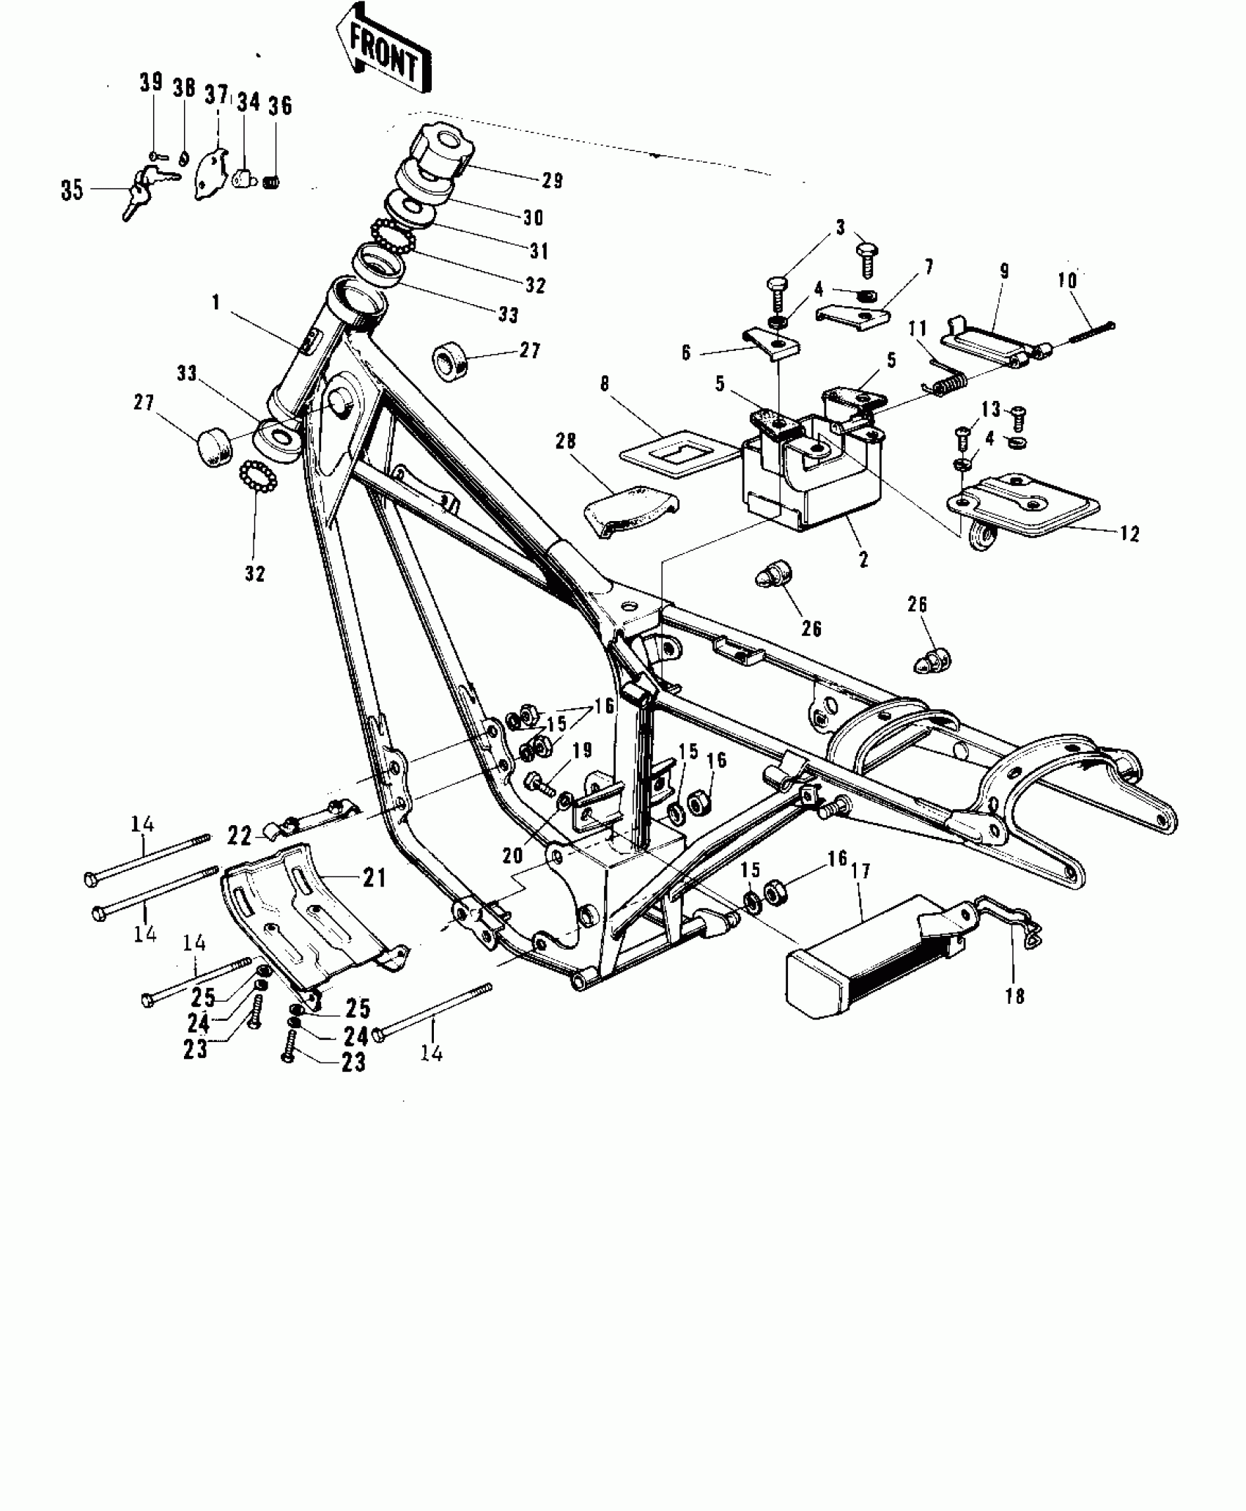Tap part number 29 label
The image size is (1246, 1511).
coord(552,180)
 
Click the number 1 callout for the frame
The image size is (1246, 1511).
coord(216,303)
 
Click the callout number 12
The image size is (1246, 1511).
coord(1129,534)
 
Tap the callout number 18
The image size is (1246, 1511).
coord(1014,997)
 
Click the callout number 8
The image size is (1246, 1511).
coord(605,385)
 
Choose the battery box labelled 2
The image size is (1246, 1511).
coord(806,476)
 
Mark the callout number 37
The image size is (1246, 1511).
coord(215,95)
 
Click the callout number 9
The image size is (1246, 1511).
coord(1004,271)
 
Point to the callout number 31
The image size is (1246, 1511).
coord(539,251)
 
